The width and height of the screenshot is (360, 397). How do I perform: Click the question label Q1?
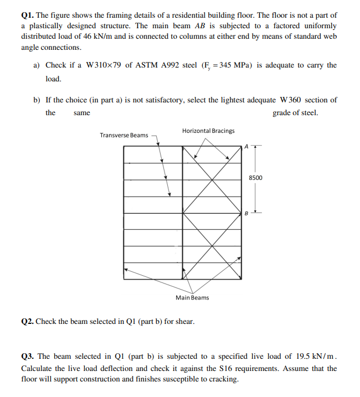(x=27, y=16)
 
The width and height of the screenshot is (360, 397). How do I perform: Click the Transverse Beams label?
(x=124, y=135)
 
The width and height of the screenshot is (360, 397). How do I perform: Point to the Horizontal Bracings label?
(x=208, y=131)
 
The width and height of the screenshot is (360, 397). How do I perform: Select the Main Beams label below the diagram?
(x=192, y=298)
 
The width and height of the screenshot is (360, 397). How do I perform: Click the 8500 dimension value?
(x=256, y=178)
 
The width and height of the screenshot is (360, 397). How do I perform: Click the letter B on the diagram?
(x=247, y=213)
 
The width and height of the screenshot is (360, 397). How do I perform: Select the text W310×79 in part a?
(x=103, y=65)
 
